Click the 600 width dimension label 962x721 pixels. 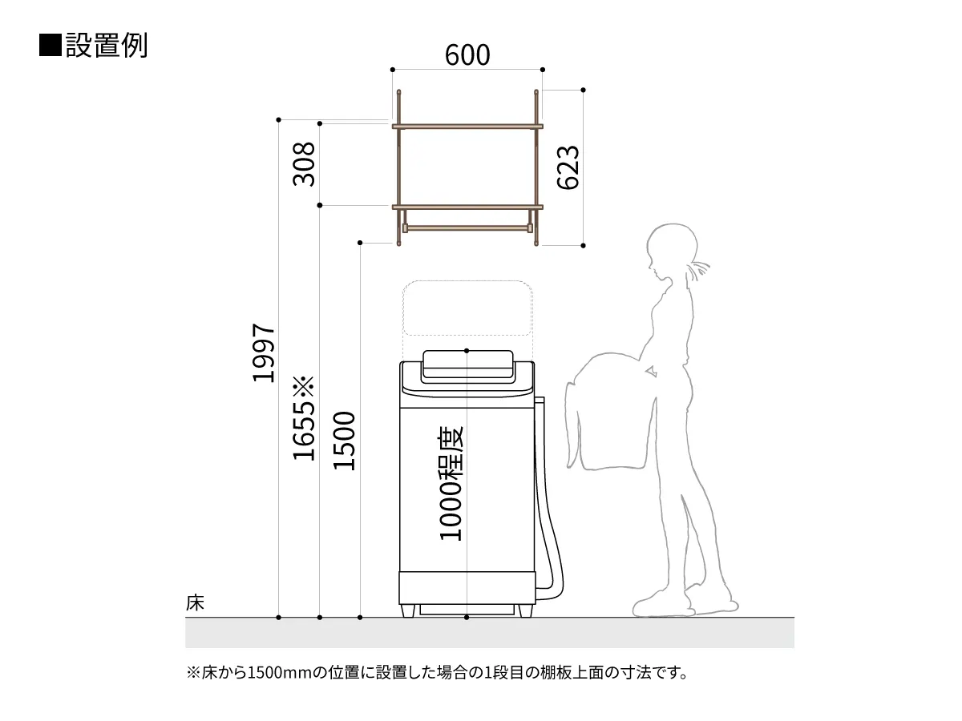(467, 54)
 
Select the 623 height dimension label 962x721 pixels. (568, 167)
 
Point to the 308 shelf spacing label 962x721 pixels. (304, 164)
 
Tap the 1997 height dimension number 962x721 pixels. (264, 352)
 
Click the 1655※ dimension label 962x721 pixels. (304, 418)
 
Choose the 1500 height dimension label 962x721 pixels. (344, 441)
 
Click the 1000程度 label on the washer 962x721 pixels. (451, 483)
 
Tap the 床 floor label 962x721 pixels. (195, 602)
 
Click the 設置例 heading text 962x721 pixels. (107, 45)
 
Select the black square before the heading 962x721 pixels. (50, 45)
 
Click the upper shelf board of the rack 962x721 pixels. (467, 127)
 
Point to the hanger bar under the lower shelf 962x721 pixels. (467, 228)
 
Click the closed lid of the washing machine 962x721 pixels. (467, 365)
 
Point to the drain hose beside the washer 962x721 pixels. (548, 499)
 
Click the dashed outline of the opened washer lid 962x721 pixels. (467, 308)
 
